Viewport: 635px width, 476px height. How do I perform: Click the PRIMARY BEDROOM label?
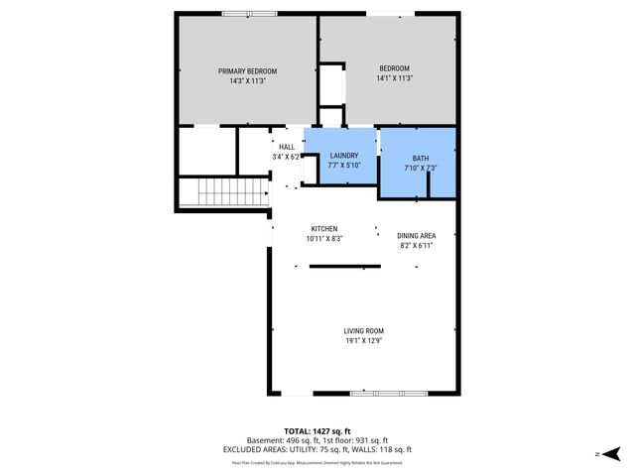pyautogui.click(x=247, y=71)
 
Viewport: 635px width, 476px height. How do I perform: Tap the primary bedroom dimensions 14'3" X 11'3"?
pyautogui.click(x=247, y=80)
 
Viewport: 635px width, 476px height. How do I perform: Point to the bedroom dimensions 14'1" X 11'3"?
pyautogui.click(x=387, y=78)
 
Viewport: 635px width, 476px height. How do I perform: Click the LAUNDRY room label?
pyautogui.click(x=343, y=156)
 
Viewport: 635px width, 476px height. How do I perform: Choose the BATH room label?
pyautogui.click(x=420, y=159)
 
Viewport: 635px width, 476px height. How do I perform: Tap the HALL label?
pyautogui.click(x=286, y=148)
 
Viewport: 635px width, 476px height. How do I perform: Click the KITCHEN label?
pyautogui.click(x=323, y=229)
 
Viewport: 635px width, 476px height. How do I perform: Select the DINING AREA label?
pyautogui.click(x=417, y=235)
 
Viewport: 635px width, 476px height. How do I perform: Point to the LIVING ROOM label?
pyautogui.click(x=363, y=331)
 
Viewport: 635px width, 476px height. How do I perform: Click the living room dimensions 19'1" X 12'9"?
pyautogui.click(x=363, y=341)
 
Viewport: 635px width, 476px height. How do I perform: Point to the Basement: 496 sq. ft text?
pyautogui.click(x=281, y=440)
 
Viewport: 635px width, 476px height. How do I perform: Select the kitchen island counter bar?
pyautogui.click(x=344, y=266)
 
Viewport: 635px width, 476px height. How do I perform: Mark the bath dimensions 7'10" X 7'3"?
pyautogui.click(x=420, y=168)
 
